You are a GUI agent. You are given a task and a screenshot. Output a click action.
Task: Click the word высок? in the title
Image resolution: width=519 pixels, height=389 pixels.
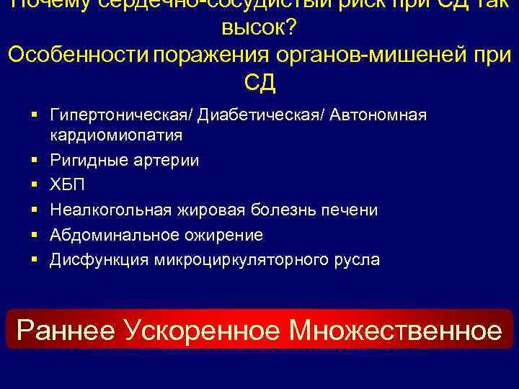tap(259, 28)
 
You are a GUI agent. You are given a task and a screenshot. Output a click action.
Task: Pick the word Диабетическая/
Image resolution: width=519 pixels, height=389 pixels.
tap(262, 115)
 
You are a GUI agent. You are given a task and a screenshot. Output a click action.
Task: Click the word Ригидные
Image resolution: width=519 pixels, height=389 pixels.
tap(86, 161)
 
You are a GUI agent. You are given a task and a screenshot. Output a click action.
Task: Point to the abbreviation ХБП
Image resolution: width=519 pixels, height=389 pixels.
tap(67, 185)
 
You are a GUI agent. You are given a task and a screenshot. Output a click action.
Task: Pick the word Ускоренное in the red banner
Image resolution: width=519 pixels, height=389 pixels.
tap(204, 330)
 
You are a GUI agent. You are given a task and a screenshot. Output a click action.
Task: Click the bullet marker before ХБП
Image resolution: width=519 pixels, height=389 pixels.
tap(35, 185)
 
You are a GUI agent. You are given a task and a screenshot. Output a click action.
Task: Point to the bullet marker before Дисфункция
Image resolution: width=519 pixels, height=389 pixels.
tap(35, 259)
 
